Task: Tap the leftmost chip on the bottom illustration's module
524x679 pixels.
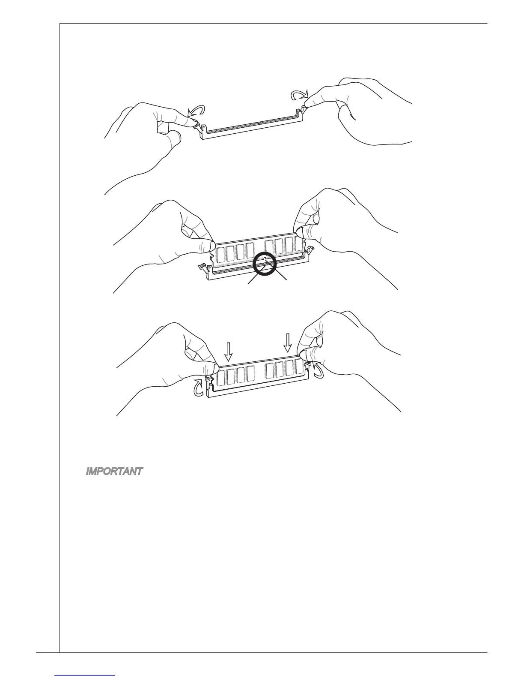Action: click(221, 377)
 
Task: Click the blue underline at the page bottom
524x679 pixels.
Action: click(86, 676)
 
